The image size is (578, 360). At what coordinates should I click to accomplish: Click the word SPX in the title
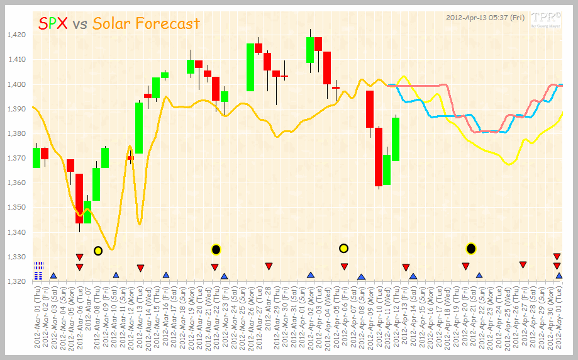[x=53, y=24]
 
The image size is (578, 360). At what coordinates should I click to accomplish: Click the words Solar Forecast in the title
[x=146, y=24]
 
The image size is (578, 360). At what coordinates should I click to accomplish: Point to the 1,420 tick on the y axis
[x=18, y=35]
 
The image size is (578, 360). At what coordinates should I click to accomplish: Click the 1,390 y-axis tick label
[x=18, y=110]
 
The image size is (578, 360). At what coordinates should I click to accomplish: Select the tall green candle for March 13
[x=139, y=128]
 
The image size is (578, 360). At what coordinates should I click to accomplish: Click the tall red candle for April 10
[x=379, y=157]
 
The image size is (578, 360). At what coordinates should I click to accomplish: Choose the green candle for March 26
[x=250, y=67]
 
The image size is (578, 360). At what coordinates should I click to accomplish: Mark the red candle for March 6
[x=79, y=198]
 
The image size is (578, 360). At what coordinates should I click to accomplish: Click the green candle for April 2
[x=310, y=50]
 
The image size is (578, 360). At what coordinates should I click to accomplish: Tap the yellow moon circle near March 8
[x=98, y=250]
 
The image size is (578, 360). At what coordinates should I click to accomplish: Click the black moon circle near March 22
[x=216, y=249]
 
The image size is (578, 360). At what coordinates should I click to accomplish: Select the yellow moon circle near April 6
[x=343, y=249]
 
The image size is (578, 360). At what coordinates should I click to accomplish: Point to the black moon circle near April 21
[x=471, y=249]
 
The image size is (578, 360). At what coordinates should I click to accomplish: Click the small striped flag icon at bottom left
[x=39, y=269]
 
